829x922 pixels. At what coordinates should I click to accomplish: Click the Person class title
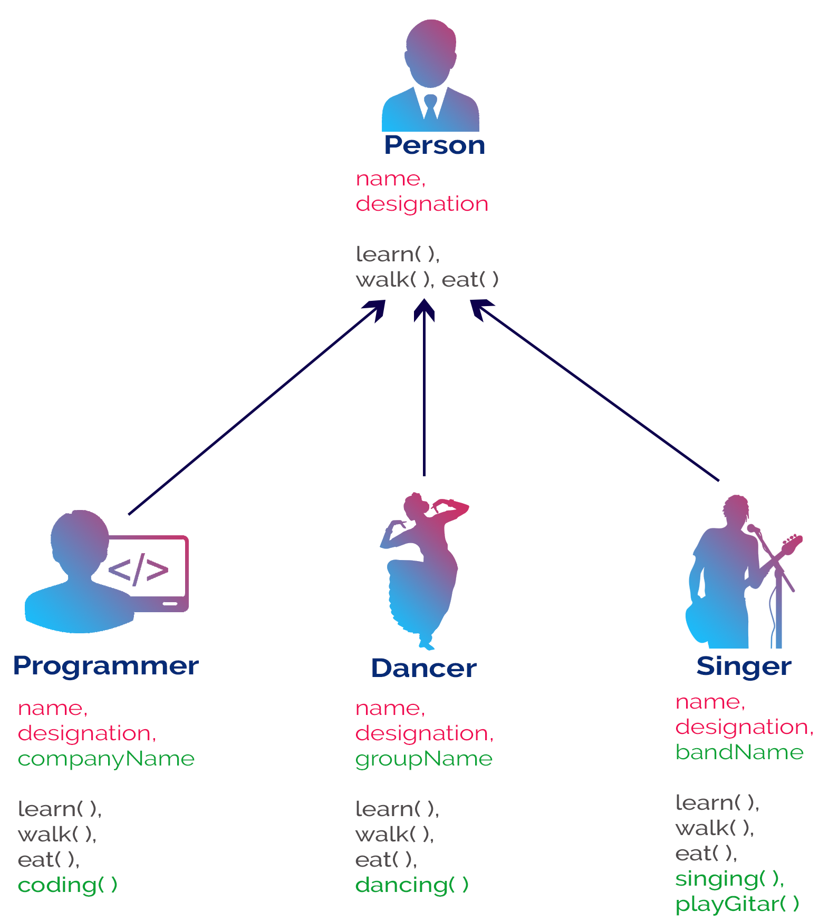click(434, 145)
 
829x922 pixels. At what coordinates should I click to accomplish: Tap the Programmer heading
click(105, 665)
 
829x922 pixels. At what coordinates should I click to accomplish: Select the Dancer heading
click(423, 668)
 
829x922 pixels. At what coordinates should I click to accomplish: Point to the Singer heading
click(744, 666)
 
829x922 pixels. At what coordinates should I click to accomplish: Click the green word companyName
click(106, 759)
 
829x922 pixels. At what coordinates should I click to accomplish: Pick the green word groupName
click(423, 759)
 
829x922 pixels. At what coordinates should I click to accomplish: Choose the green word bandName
click(739, 752)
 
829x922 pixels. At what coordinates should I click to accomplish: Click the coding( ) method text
click(68, 885)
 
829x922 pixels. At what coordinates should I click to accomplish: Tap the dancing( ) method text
click(412, 885)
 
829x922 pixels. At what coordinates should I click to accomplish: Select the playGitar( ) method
click(737, 904)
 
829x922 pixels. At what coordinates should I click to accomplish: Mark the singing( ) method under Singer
click(730, 879)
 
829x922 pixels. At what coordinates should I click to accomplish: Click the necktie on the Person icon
click(430, 105)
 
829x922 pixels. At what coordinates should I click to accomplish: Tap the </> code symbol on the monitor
click(138, 569)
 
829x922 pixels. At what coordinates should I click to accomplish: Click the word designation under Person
click(422, 204)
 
